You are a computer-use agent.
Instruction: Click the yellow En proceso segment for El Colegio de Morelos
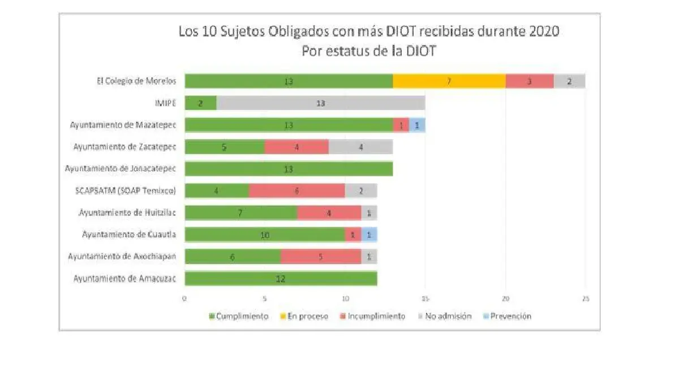[x=449, y=81]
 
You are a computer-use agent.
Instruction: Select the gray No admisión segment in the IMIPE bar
[x=320, y=103]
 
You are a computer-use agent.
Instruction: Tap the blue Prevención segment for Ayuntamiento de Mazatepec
[x=417, y=125]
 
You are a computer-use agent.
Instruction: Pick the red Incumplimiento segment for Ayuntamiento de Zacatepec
[x=296, y=147]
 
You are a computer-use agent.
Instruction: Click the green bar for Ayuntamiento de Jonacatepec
[x=289, y=169]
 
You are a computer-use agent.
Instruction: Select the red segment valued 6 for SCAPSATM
[x=296, y=191]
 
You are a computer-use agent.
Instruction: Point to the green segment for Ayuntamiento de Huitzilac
[x=240, y=213]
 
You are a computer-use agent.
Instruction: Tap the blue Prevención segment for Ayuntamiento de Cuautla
[x=369, y=235]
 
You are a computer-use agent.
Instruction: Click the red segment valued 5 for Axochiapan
[x=320, y=257]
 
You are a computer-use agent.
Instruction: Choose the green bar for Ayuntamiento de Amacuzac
[x=281, y=279]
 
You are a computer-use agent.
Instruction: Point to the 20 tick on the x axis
[x=505, y=298]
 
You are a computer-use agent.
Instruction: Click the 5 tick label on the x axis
[x=265, y=298]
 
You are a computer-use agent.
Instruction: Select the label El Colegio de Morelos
[x=136, y=81]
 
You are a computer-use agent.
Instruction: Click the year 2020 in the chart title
[x=544, y=32]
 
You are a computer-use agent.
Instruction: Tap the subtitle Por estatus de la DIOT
[x=367, y=51]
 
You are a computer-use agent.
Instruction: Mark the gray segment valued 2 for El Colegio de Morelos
[x=569, y=81]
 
